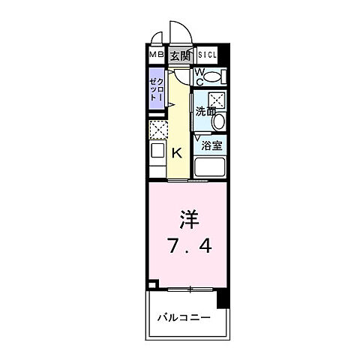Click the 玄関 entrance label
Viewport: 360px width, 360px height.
point(179,55)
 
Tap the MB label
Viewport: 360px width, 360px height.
point(155,55)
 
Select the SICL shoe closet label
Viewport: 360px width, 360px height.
point(207,55)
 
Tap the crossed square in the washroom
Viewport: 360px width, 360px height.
point(217,100)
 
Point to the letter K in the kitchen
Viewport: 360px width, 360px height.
point(178,153)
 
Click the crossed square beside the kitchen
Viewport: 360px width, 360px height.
point(157,129)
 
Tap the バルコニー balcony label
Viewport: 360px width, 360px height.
point(184,317)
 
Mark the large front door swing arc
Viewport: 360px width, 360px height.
point(180,34)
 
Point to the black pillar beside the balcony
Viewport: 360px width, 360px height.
point(221,299)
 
